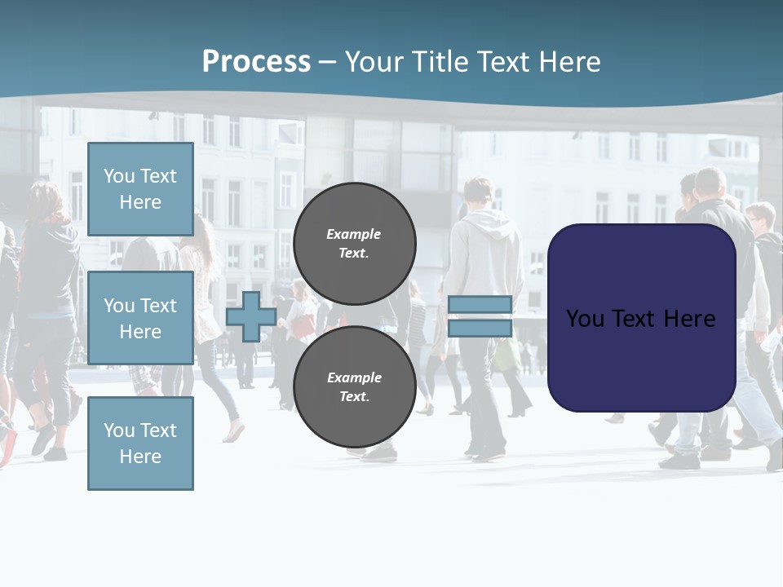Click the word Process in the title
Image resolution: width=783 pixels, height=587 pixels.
pyautogui.click(x=256, y=62)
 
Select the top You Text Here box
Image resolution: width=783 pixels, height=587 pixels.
pyautogui.click(x=140, y=189)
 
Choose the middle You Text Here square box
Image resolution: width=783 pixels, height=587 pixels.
pyautogui.click(x=140, y=318)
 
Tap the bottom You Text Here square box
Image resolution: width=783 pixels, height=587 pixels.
pyautogui.click(x=140, y=444)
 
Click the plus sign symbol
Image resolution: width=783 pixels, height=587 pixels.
pyautogui.click(x=251, y=316)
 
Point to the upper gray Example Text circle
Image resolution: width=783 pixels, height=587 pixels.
pyautogui.click(x=354, y=243)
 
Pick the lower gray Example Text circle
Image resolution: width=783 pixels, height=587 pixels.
pyautogui.click(x=354, y=386)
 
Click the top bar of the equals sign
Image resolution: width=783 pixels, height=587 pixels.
pyautogui.click(x=480, y=305)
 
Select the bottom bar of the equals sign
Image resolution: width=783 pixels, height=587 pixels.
pyautogui.click(x=480, y=328)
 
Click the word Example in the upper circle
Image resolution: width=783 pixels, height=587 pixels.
pyautogui.click(x=354, y=234)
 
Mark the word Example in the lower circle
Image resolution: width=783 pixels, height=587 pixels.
pyautogui.click(x=354, y=377)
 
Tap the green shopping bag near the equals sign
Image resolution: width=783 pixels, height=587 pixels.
pyautogui.click(x=507, y=355)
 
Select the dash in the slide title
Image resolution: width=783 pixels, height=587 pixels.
pyautogui.click(x=327, y=63)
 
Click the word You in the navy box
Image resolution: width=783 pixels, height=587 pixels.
pyautogui.click(x=585, y=318)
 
